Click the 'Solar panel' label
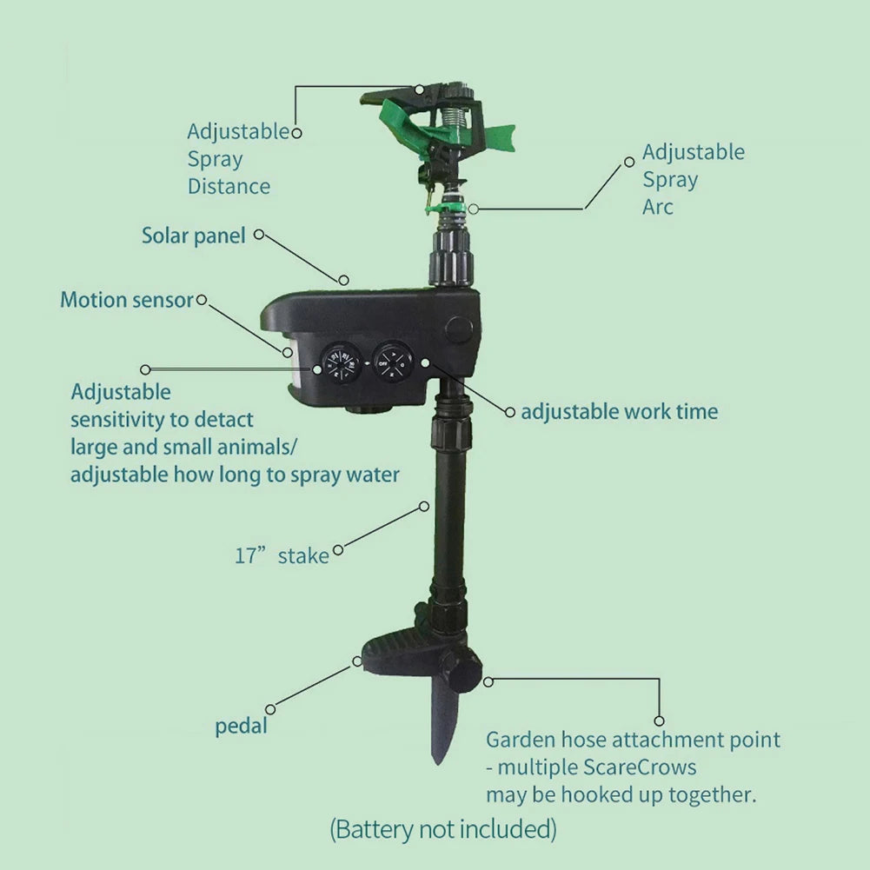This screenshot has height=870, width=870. pyautogui.click(x=194, y=236)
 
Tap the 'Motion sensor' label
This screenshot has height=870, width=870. pyautogui.click(x=126, y=301)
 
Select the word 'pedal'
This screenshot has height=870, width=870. pyautogui.click(x=242, y=727)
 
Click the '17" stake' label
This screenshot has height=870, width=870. pyautogui.click(x=282, y=556)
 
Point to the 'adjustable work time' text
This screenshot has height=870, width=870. pyautogui.click(x=619, y=412)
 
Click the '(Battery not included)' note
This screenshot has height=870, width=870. pyautogui.click(x=442, y=829)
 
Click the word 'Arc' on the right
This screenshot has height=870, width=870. pyautogui.click(x=658, y=208)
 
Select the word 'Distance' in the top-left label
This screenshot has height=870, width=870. pyautogui.click(x=229, y=187)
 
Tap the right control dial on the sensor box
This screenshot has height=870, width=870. pyautogui.click(x=393, y=360)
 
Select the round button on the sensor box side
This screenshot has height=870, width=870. pyautogui.click(x=459, y=331)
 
